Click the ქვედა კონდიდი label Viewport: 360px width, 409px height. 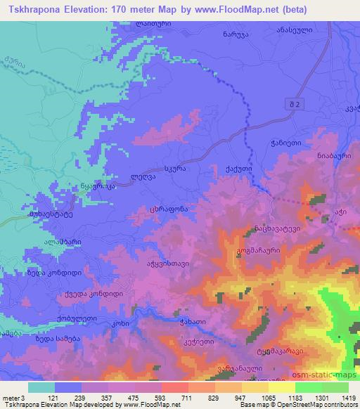pos(84,294)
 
